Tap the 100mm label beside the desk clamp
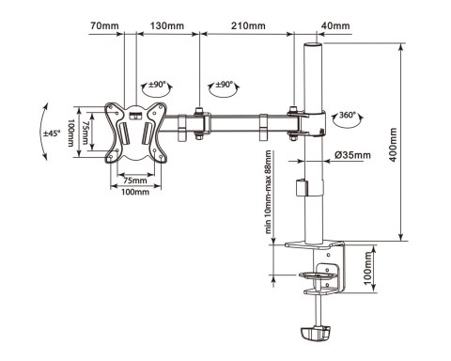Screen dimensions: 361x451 tap(368, 272)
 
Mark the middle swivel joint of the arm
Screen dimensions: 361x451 tap(200, 123)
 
